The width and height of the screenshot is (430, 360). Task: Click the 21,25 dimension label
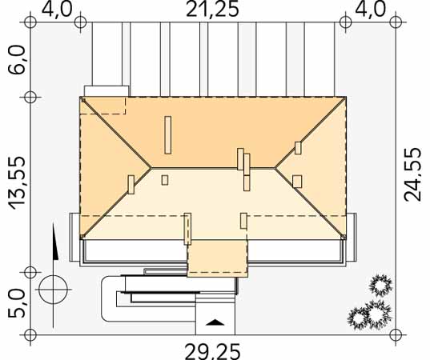(x=212, y=10)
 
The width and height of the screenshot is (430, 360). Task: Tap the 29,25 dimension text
(x=213, y=351)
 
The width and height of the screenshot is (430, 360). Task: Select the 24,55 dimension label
(x=412, y=174)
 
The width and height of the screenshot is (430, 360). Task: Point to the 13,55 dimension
(x=17, y=183)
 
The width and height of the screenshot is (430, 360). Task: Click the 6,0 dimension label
(x=17, y=60)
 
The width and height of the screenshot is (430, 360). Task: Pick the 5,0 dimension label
(x=16, y=303)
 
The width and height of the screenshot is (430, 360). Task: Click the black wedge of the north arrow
(x=55, y=241)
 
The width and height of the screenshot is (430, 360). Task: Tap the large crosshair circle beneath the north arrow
(x=53, y=290)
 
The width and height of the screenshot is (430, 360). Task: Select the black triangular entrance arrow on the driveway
(x=215, y=322)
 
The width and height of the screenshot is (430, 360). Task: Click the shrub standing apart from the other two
(x=380, y=286)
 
